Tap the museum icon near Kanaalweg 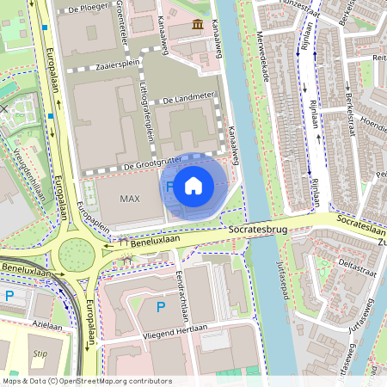tap(199, 23)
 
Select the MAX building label tap(130, 199)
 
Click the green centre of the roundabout tap(76, 255)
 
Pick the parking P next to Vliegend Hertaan tap(160, 306)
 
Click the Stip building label tap(40, 353)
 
